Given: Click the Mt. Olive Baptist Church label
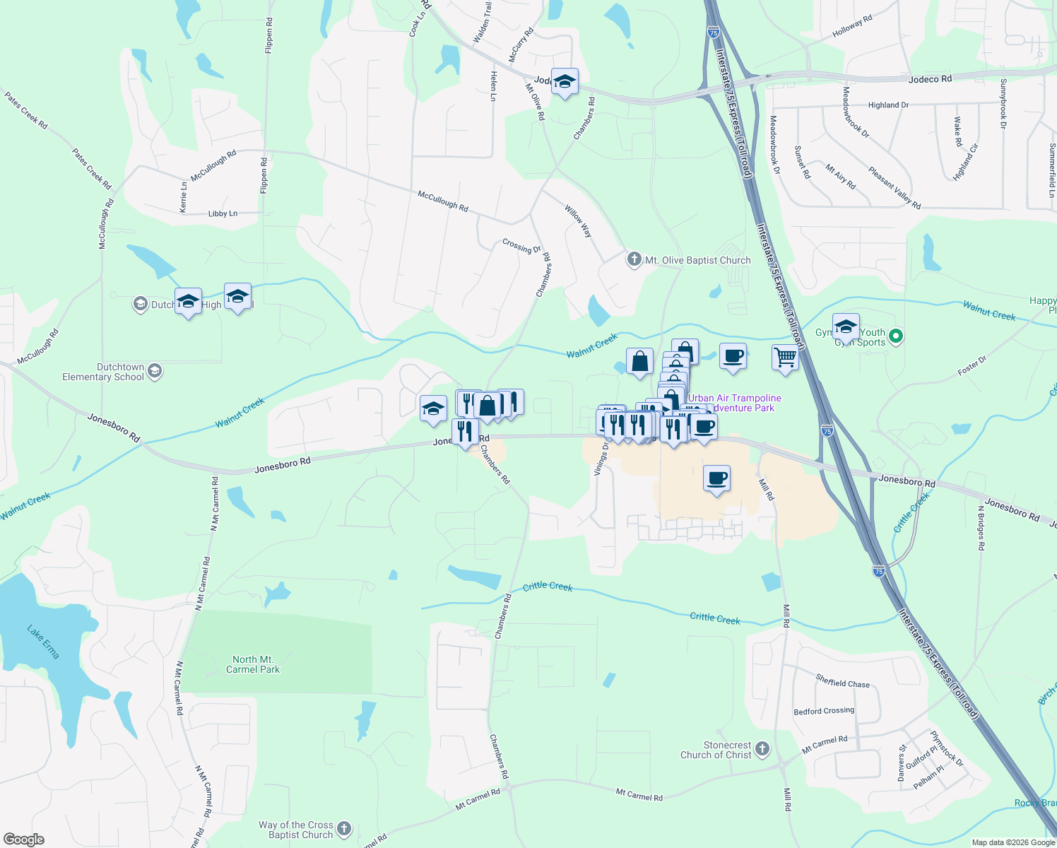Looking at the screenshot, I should pos(697,260).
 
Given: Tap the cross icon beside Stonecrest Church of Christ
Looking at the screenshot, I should pos(762,749).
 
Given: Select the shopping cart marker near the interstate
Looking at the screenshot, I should pos(785,358).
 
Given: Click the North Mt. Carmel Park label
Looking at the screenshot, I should pos(252,664).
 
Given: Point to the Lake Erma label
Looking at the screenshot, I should pos(43,642).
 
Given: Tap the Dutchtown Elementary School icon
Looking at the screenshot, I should pos(155,371).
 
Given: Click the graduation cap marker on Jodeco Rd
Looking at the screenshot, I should pos(565,82).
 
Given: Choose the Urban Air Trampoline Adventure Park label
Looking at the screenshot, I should pos(735,403).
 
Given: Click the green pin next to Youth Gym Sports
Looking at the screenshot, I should pos(896,336).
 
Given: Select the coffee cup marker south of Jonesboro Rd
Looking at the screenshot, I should pos(716,478).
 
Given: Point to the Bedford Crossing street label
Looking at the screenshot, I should pos(824,711).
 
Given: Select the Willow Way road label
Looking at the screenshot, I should pos(578,220).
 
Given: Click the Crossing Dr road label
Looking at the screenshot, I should pos(521,246).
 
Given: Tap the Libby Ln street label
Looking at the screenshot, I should pos(223,213).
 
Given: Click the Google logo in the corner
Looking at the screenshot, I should pos(24,840).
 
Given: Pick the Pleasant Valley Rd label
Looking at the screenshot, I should pos(894,188).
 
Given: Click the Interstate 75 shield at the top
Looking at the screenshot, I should pos(713,33).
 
